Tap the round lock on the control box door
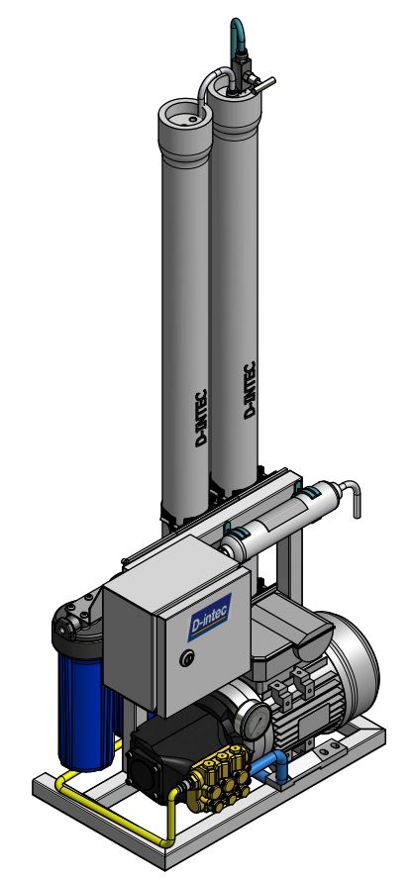click(x=181, y=658)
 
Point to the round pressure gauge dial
click(x=257, y=718)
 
